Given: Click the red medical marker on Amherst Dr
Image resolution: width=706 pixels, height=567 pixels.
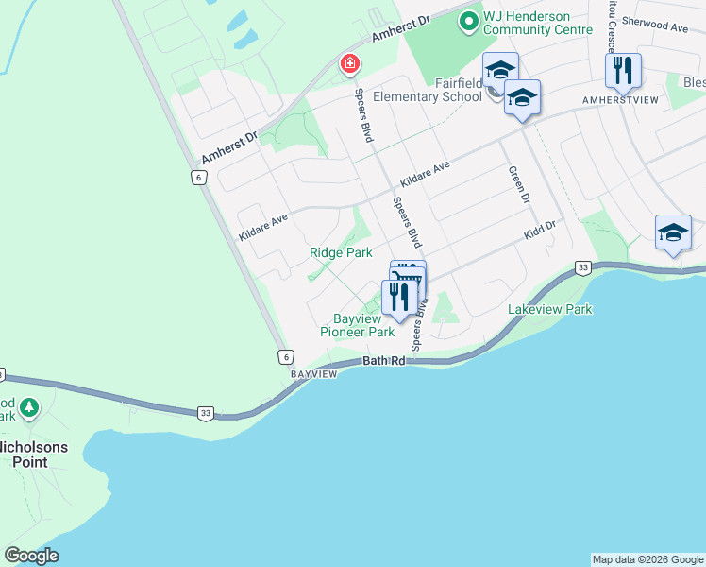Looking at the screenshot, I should pyautogui.click(x=350, y=64).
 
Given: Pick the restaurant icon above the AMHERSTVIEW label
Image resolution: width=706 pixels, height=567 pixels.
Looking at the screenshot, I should pyautogui.click(x=623, y=70).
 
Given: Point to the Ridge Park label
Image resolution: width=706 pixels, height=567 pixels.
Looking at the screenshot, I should pyautogui.click(x=341, y=252).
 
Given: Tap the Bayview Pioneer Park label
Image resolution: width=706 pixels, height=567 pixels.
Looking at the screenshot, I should pyautogui.click(x=357, y=325).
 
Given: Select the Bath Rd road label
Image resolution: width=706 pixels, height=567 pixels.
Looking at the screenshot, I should pyautogui.click(x=384, y=362).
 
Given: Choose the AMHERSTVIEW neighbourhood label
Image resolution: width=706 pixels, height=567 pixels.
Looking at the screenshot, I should pyautogui.click(x=620, y=99).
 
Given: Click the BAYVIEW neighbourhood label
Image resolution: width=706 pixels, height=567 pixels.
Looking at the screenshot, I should pyautogui.click(x=313, y=375).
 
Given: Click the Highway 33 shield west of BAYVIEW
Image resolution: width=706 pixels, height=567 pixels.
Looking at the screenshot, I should pyautogui.click(x=204, y=412).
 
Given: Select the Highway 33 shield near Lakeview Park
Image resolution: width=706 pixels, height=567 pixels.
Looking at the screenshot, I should pyautogui.click(x=582, y=269).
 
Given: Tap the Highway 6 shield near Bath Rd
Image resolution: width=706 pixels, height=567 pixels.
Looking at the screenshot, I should pyautogui.click(x=285, y=356).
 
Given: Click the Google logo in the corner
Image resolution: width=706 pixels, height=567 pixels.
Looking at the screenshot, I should pyautogui.click(x=31, y=556).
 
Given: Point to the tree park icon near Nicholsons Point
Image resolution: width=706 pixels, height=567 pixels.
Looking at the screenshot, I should pyautogui.click(x=30, y=408).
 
